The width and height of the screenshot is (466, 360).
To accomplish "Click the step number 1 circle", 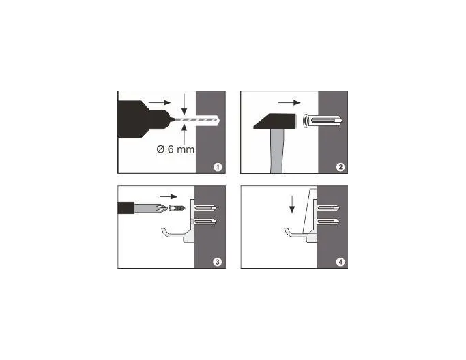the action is pyautogui.click(x=218, y=167).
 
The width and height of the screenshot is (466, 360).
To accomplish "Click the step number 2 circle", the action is pyautogui.click(x=340, y=167).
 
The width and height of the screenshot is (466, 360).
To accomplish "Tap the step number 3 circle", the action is pyautogui.click(x=218, y=262).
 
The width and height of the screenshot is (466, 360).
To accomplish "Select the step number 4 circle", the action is pyautogui.click(x=340, y=262).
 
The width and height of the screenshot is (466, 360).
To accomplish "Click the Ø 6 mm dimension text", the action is pyautogui.click(x=175, y=149).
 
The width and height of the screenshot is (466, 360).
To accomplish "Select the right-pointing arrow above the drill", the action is pyautogui.click(x=159, y=102).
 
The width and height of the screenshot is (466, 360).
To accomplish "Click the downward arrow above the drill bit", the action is pyautogui.click(x=184, y=104).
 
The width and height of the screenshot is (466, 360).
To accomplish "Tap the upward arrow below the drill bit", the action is pyautogui.click(x=184, y=134).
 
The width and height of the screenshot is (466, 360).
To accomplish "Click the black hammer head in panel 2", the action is pyautogui.click(x=275, y=121).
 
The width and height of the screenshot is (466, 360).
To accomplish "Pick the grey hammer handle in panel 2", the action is pyautogui.click(x=277, y=151).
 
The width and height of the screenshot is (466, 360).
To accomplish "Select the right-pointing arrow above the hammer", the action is pyautogui.click(x=289, y=103).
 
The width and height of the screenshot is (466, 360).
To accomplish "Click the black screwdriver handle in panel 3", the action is pyautogui.click(x=127, y=208).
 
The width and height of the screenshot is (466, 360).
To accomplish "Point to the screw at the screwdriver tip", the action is pyautogui.click(x=177, y=208).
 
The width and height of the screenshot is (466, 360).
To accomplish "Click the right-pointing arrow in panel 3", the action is pyautogui.click(x=169, y=196).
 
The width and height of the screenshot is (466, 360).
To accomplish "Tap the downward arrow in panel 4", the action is pyautogui.click(x=292, y=205).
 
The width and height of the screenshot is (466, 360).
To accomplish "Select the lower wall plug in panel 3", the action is pyautogui.click(x=206, y=222).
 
